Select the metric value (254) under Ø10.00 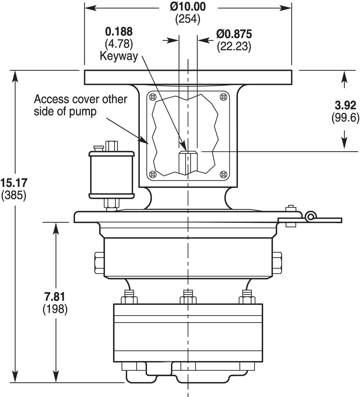pyautogui.click(x=188, y=19)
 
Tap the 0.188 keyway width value pyautogui.click(x=119, y=31)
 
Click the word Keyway pyautogui.click(x=119, y=56)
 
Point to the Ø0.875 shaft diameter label pyautogui.click(x=234, y=34)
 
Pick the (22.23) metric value pyautogui.click(x=234, y=47)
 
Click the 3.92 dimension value pyautogui.click(x=345, y=105)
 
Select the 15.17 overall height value pyautogui.click(x=14, y=183)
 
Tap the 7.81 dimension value pyautogui.click(x=55, y=297)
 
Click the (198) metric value pyautogui.click(x=55, y=309)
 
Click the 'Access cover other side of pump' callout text pyautogui.click(x=80, y=105)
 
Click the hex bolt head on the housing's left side pyautogui.click(x=99, y=263)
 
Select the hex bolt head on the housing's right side pyautogui.click(x=277, y=263)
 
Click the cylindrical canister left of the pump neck pyautogui.click(x=112, y=175)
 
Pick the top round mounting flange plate pyautogui.click(x=188, y=77)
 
